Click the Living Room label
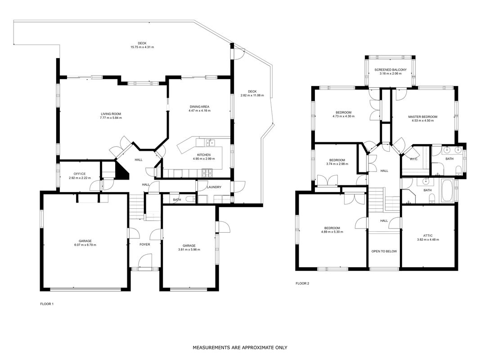click(x=111, y=114)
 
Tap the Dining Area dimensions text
click(x=200, y=111)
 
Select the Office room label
click(x=80, y=174)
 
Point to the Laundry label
click(x=214, y=187)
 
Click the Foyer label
click(x=145, y=244)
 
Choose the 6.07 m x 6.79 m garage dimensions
click(x=85, y=245)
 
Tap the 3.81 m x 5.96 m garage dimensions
click(x=189, y=249)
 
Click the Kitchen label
click(x=204, y=155)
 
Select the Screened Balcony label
click(x=390, y=70)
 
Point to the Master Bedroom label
click(x=422, y=117)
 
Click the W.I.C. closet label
click(x=413, y=159)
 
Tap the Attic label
click(x=428, y=236)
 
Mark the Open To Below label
click(x=384, y=252)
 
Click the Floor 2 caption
click(x=302, y=283)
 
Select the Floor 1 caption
click(x=47, y=304)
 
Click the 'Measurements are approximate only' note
click(x=240, y=347)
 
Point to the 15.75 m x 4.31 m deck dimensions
click(x=142, y=47)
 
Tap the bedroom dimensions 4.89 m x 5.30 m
click(x=332, y=232)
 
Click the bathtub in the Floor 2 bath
click(x=447, y=191)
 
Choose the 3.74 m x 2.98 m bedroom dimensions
click(x=337, y=164)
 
